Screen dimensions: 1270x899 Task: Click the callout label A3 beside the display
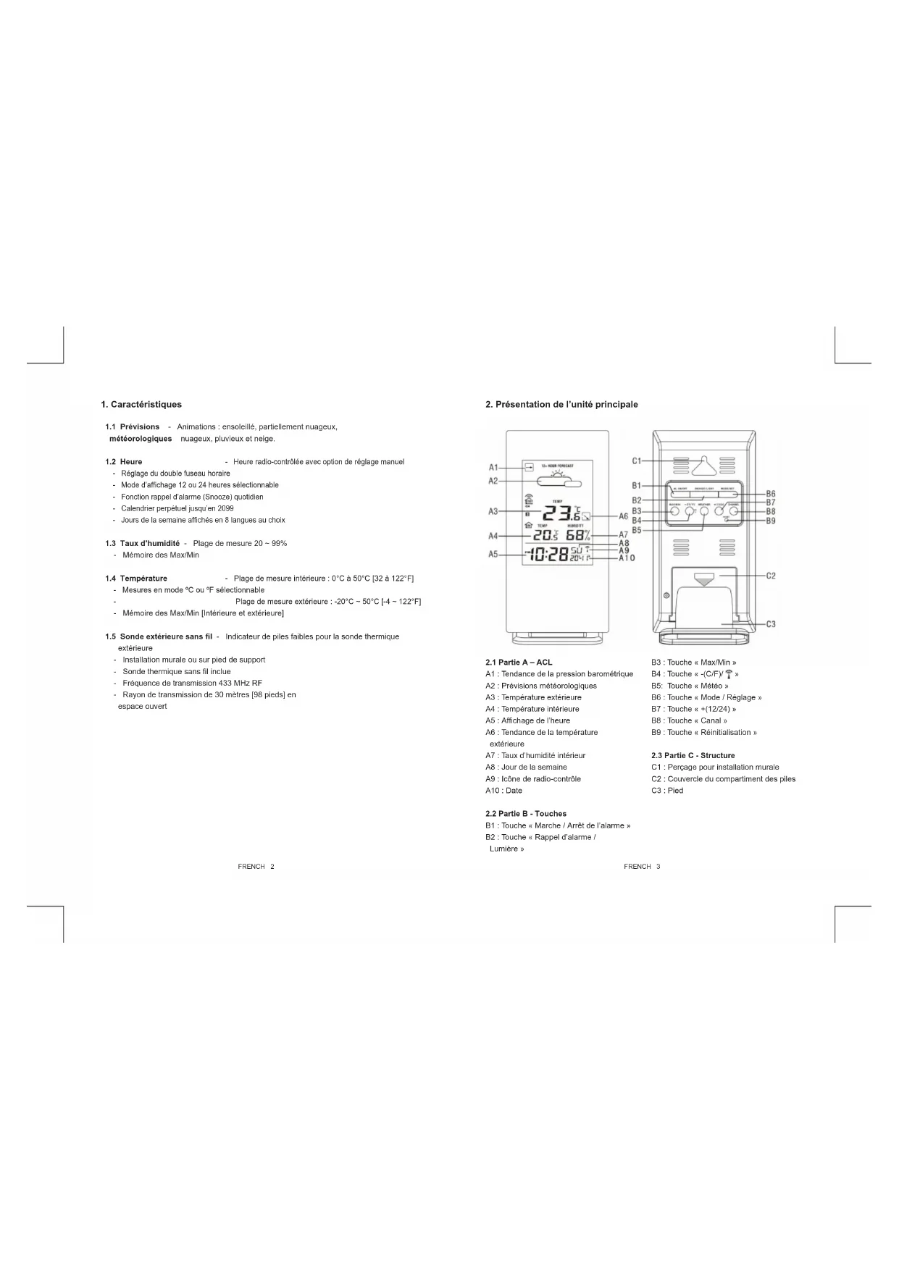tap(493, 511)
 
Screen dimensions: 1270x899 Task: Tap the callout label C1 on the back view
tap(637, 461)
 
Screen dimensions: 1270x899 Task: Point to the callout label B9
tap(771, 521)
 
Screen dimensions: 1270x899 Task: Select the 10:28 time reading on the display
tap(548, 555)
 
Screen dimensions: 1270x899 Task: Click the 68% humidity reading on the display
tap(578, 536)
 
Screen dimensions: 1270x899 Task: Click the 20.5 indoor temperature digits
tap(545, 536)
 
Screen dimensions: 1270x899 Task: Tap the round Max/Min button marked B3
tap(675, 511)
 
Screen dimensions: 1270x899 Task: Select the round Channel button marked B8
tap(733, 511)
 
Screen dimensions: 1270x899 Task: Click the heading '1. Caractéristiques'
tap(141, 405)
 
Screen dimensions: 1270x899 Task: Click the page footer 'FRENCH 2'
tap(256, 867)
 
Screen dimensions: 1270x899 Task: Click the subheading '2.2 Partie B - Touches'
tap(526, 814)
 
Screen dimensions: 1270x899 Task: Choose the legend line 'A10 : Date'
tap(503, 791)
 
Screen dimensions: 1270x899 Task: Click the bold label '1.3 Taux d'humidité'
tap(143, 543)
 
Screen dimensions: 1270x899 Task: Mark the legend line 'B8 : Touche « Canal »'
tap(689, 720)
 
